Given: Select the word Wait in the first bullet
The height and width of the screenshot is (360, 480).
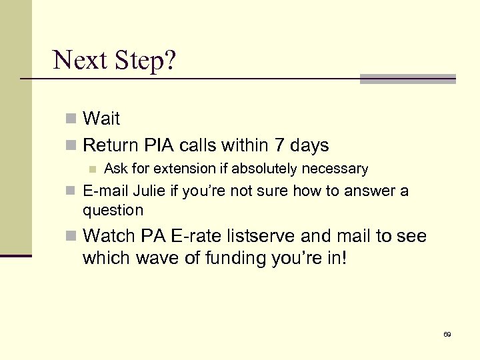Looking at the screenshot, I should [101, 119].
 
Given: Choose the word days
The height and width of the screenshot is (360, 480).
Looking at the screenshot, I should [307, 145].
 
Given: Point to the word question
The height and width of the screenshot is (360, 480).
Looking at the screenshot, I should [113, 210].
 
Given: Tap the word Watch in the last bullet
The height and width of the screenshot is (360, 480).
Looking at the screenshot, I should [108, 236].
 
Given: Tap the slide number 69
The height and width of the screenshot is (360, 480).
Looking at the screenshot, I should [447, 334].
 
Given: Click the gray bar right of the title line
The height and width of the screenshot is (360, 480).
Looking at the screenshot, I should [407, 79].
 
